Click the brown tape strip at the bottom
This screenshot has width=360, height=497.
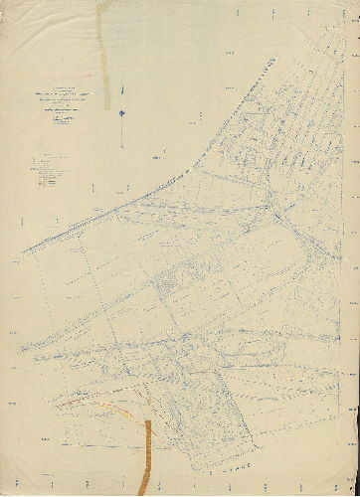pos(148,452)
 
